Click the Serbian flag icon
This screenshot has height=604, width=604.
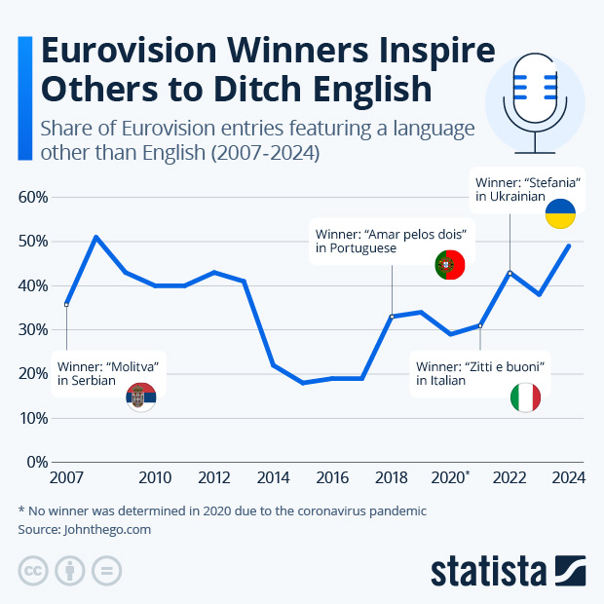click(x=141, y=397)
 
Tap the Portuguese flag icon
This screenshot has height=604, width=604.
click(x=449, y=264)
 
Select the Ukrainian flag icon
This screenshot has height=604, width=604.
click(x=560, y=213)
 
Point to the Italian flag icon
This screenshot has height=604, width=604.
click(x=525, y=397)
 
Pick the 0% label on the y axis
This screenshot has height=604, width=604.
click(x=36, y=462)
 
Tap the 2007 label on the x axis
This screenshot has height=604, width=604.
click(x=66, y=478)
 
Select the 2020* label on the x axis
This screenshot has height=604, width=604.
click(x=452, y=478)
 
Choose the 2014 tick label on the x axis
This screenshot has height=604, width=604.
click(x=273, y=478)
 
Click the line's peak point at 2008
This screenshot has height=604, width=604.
click(x=95, y=237)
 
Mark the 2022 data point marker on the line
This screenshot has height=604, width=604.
click(x=510, y=273)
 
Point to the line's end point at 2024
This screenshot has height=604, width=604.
click(x=569, y=245)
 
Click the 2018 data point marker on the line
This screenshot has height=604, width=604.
click(x=392, y=317)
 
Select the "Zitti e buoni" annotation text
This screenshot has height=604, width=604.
click(x=478, y=366)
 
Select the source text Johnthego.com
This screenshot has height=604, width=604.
click(x=106, y=530)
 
